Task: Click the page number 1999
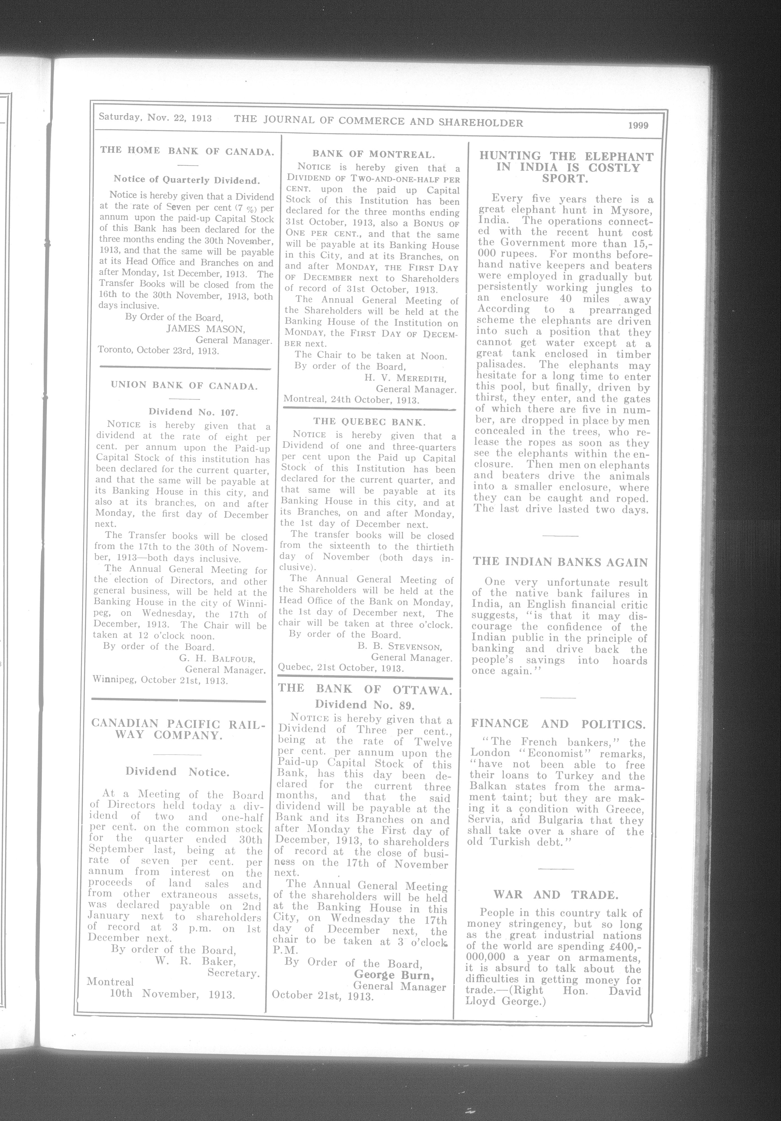point(638,125)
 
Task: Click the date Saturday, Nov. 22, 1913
point(155,118)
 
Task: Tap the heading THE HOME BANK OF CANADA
point(187,151)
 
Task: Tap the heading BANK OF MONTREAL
point(373,155)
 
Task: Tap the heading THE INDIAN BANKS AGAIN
point(560,562)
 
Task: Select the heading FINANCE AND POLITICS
point(558,724)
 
